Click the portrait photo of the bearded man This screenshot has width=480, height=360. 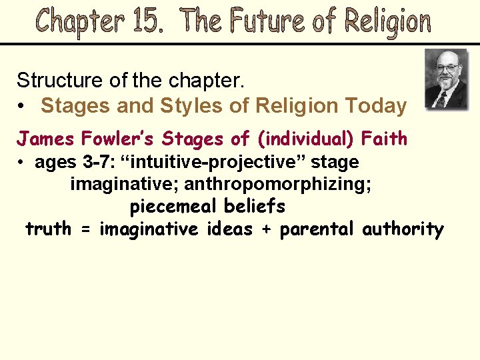(446, 79)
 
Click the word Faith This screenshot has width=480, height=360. (384, 139)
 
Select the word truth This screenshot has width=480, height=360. (48, 229)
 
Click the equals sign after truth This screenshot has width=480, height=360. (85, 230)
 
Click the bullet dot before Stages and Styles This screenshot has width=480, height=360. (23, 106)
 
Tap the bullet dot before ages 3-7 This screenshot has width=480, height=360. (23, 163)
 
